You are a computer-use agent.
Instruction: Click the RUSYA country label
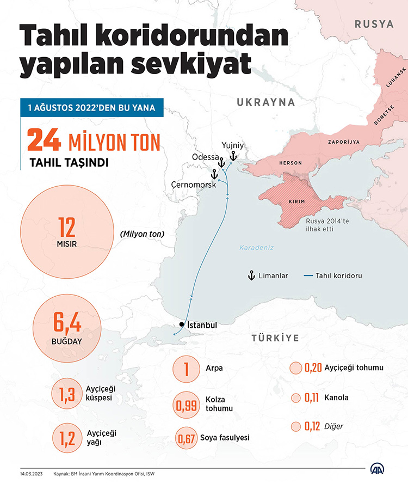coord(374,24)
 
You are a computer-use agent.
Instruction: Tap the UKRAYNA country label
coord(265,102)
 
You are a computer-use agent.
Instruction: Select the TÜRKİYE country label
coord(275,338)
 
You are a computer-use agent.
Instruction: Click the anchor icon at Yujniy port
coord(232,156)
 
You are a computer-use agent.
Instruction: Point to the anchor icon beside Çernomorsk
coord(214,174)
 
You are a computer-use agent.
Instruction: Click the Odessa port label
coord(205,157)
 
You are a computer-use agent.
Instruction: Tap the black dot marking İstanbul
coord(181,325)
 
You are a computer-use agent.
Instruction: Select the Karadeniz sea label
coord(256,248)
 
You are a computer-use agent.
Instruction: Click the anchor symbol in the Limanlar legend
coord(251,275)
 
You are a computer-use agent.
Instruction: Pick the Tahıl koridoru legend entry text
coord(338,276)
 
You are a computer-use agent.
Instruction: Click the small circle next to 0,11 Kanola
coord(295,398)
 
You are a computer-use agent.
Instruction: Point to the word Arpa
coord(214,369)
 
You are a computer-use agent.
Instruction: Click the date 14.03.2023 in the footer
coord(32,474)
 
